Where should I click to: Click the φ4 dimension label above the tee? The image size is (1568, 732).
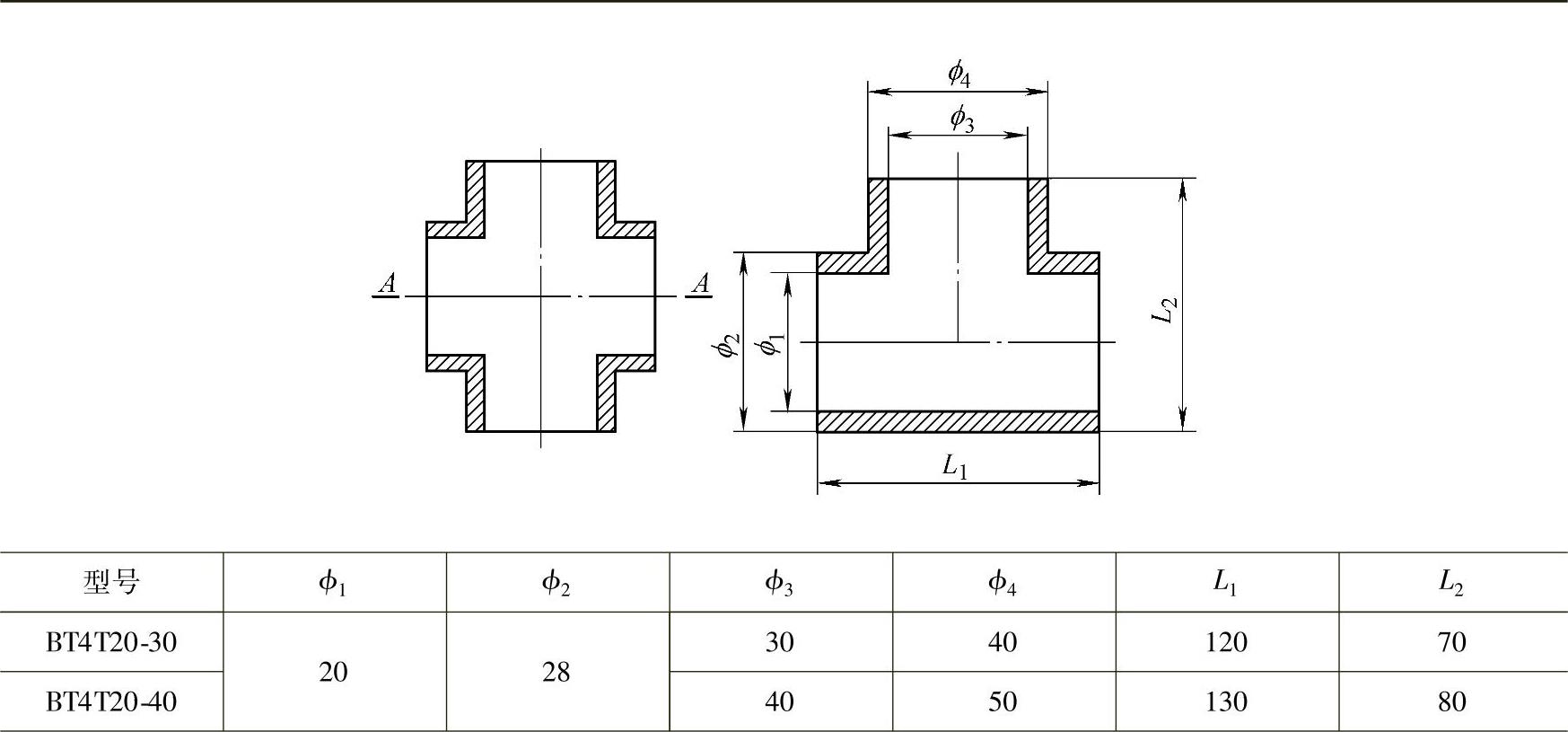(x=959, y=74)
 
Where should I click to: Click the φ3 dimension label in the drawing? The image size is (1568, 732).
(x=961, y=118)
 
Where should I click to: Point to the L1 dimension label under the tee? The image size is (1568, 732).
(x=955, y=465)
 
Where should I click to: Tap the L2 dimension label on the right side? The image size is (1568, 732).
(x=1164, y=310)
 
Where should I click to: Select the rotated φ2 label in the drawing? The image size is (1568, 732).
(x=729, y=344)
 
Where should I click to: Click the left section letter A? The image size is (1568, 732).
(x=387, y=285)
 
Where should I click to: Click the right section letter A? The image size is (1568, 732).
(x=700, y=285)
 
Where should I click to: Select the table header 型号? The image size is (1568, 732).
(x=111, y=583)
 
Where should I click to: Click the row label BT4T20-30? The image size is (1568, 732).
(x=111, y=642)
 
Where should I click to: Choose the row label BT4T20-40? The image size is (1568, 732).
(x=111, y=701)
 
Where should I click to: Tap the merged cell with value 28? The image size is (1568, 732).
(x=556, y=672)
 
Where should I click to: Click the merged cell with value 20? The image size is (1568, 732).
(x=333, y=672)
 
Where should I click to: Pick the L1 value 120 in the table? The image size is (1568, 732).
(x=1226, y=642)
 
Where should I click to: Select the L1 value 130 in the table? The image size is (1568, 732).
(x=1226, y=701)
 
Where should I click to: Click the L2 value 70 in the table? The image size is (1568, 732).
(x=1451, y=642)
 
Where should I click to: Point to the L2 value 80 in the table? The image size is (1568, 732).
(x=1451, y=701)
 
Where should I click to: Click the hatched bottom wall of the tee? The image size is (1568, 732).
(x=958, y=421)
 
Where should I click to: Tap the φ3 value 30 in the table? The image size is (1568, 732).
(x=779, y=642)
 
